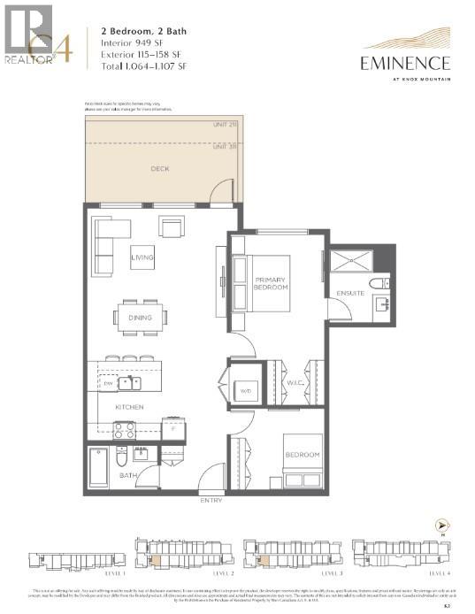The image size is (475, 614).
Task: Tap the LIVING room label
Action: click(142, 258)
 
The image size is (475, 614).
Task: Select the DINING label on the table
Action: click(140, 318)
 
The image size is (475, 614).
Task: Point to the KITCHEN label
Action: click(128, 407)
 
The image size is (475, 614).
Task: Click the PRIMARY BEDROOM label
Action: click(271, 283)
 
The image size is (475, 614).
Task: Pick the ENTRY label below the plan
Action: click(212, 501)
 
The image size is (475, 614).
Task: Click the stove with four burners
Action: click(124, 430)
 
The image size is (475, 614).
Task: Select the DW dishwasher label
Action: click(107, 383)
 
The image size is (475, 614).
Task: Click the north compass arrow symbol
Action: click(439, 526)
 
